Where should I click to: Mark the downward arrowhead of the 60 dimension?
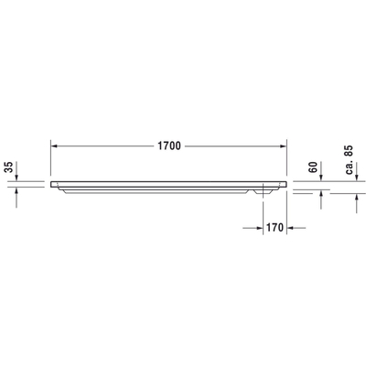(321, 175)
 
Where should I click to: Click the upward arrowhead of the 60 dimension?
(321, 197)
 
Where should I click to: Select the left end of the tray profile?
(53, 181)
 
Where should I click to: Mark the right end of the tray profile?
(286, 181)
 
